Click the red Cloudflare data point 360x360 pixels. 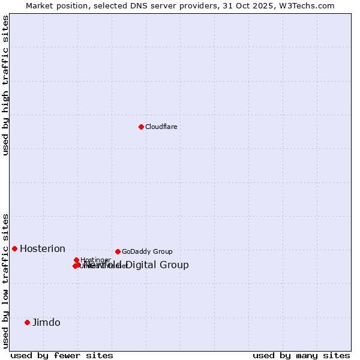click(x=141, y=127)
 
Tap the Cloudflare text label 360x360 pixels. click(x=161, y=127)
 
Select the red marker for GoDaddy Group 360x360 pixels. click(x=118, y=251)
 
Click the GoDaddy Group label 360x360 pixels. click(x=147, y=251)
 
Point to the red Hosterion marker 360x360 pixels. click(x=14, y=248)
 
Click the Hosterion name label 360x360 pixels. click(x=43, y=249)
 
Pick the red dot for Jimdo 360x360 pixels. click(x=27, y=322)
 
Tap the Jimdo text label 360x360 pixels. click(x=46, y=322)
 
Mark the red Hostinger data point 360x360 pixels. click(x=76, y=260)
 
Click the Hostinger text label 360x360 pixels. click(x=95, y=260)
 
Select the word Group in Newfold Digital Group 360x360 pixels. click(x=176, y=265)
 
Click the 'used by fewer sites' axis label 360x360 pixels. click(x=62, y=355)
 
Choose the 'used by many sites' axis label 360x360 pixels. click(x=301, y=355)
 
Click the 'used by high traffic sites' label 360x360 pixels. click(x=5, y=86)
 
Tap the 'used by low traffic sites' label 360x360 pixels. click(x=5, y=281)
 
